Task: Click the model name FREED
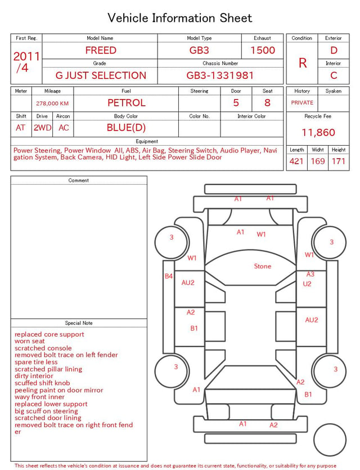pyautogui.click(x=101, y=50)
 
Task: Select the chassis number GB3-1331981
pyautogui.click(x=220, y=75)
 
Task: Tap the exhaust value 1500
pyautogui.click(x=263, y=50)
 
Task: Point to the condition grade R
pyautogui.click(x=303, y=63)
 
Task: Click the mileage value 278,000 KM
pyautogui.click(x=52, y=104)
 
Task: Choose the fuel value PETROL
pyautogui.click(x=127, y=103)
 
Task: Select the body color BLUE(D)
pyautogui.click(x=126, y=128)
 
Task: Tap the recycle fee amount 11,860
pyautogui.click(x=318, y=132)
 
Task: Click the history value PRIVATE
pyautogui.click(x=302, y=102)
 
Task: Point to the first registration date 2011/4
pyautogui.click(x=26, y=62)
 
